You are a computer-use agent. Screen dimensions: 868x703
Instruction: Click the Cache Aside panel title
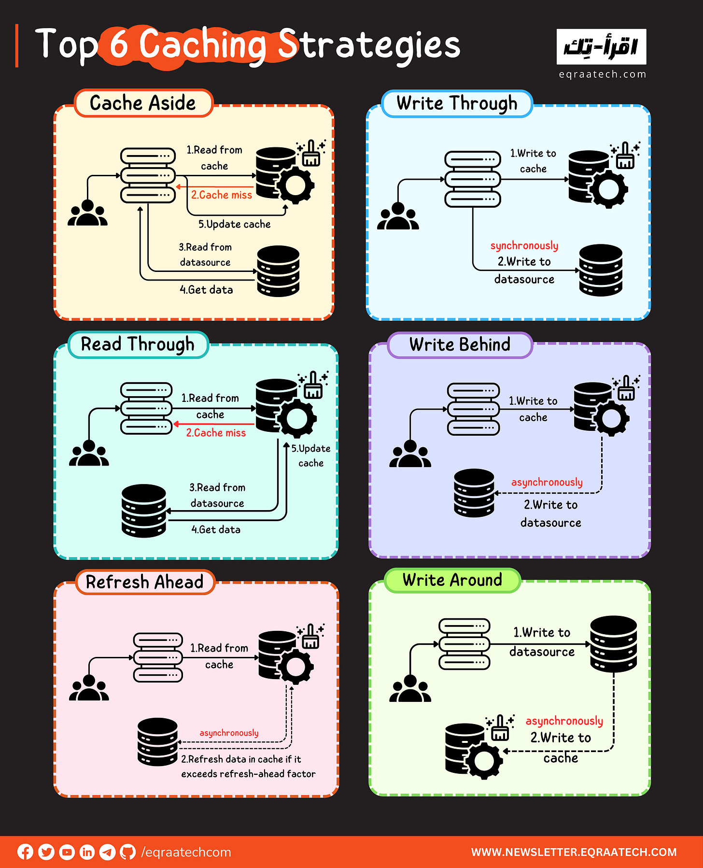143,103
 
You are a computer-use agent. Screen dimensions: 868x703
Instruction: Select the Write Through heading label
457,103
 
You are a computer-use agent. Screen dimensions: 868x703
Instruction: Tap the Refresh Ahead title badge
144,582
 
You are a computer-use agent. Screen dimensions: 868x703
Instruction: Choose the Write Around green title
452,580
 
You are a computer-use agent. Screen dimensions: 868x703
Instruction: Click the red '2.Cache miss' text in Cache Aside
222,195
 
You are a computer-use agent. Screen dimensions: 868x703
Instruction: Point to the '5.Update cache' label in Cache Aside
235,224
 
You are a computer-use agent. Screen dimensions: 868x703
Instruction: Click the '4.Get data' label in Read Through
216,530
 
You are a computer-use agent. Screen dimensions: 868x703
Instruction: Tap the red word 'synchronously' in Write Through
524,246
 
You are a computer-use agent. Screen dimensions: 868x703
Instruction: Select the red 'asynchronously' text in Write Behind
547,482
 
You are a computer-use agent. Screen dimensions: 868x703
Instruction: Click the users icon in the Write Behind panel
410,455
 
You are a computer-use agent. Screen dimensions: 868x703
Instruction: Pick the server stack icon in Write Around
464,644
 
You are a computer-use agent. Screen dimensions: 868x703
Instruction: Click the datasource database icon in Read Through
144,511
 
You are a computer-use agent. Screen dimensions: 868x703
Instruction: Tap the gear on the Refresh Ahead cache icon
295,667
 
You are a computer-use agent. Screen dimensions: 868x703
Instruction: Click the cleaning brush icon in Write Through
625,156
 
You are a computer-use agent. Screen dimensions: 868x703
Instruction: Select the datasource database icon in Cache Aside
278,271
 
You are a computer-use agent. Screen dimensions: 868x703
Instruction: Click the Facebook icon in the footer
26,852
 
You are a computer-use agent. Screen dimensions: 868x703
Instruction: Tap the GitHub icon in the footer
127,852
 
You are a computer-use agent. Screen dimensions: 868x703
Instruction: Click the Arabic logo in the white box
601,47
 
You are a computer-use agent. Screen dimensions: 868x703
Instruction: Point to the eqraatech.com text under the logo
602,74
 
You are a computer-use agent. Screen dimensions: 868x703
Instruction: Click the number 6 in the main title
119,44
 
